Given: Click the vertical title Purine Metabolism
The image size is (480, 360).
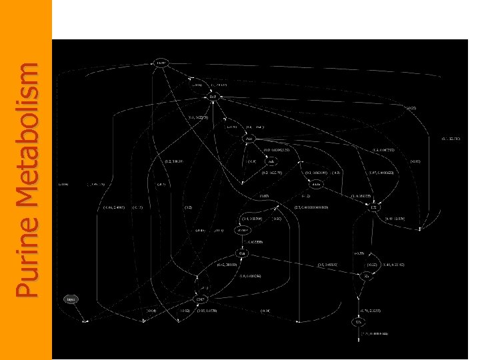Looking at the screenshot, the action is click(27, 180).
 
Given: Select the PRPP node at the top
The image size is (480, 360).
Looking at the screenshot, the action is click(161, 63).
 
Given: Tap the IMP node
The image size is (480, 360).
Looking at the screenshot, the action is click(213, 97).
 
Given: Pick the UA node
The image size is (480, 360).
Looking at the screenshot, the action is click(359, 323).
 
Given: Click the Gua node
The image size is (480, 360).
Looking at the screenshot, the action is click(243, 254).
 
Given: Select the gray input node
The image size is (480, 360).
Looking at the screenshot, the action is click(71, 299).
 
